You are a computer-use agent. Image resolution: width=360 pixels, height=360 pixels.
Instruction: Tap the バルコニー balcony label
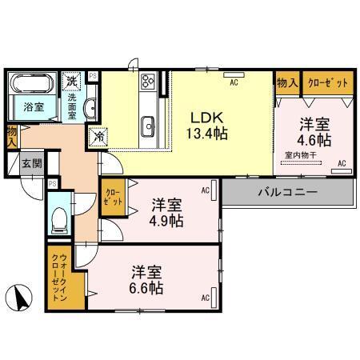288,192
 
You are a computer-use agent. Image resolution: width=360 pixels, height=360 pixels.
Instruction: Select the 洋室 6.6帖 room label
147,278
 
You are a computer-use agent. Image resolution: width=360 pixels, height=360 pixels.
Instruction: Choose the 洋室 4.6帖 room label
315,132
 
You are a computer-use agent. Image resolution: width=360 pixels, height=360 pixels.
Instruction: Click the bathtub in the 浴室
32,83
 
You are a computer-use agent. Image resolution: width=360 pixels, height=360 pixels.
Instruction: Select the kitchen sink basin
147,125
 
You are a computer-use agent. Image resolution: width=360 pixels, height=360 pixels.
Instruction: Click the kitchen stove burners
148,81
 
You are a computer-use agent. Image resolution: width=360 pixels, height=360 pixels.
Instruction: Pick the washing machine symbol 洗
72,81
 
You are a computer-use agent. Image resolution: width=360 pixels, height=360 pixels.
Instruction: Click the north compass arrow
20,299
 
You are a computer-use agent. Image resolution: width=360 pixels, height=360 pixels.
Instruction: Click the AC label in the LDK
235,82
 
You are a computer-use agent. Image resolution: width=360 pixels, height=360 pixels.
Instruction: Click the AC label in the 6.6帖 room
206,298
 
